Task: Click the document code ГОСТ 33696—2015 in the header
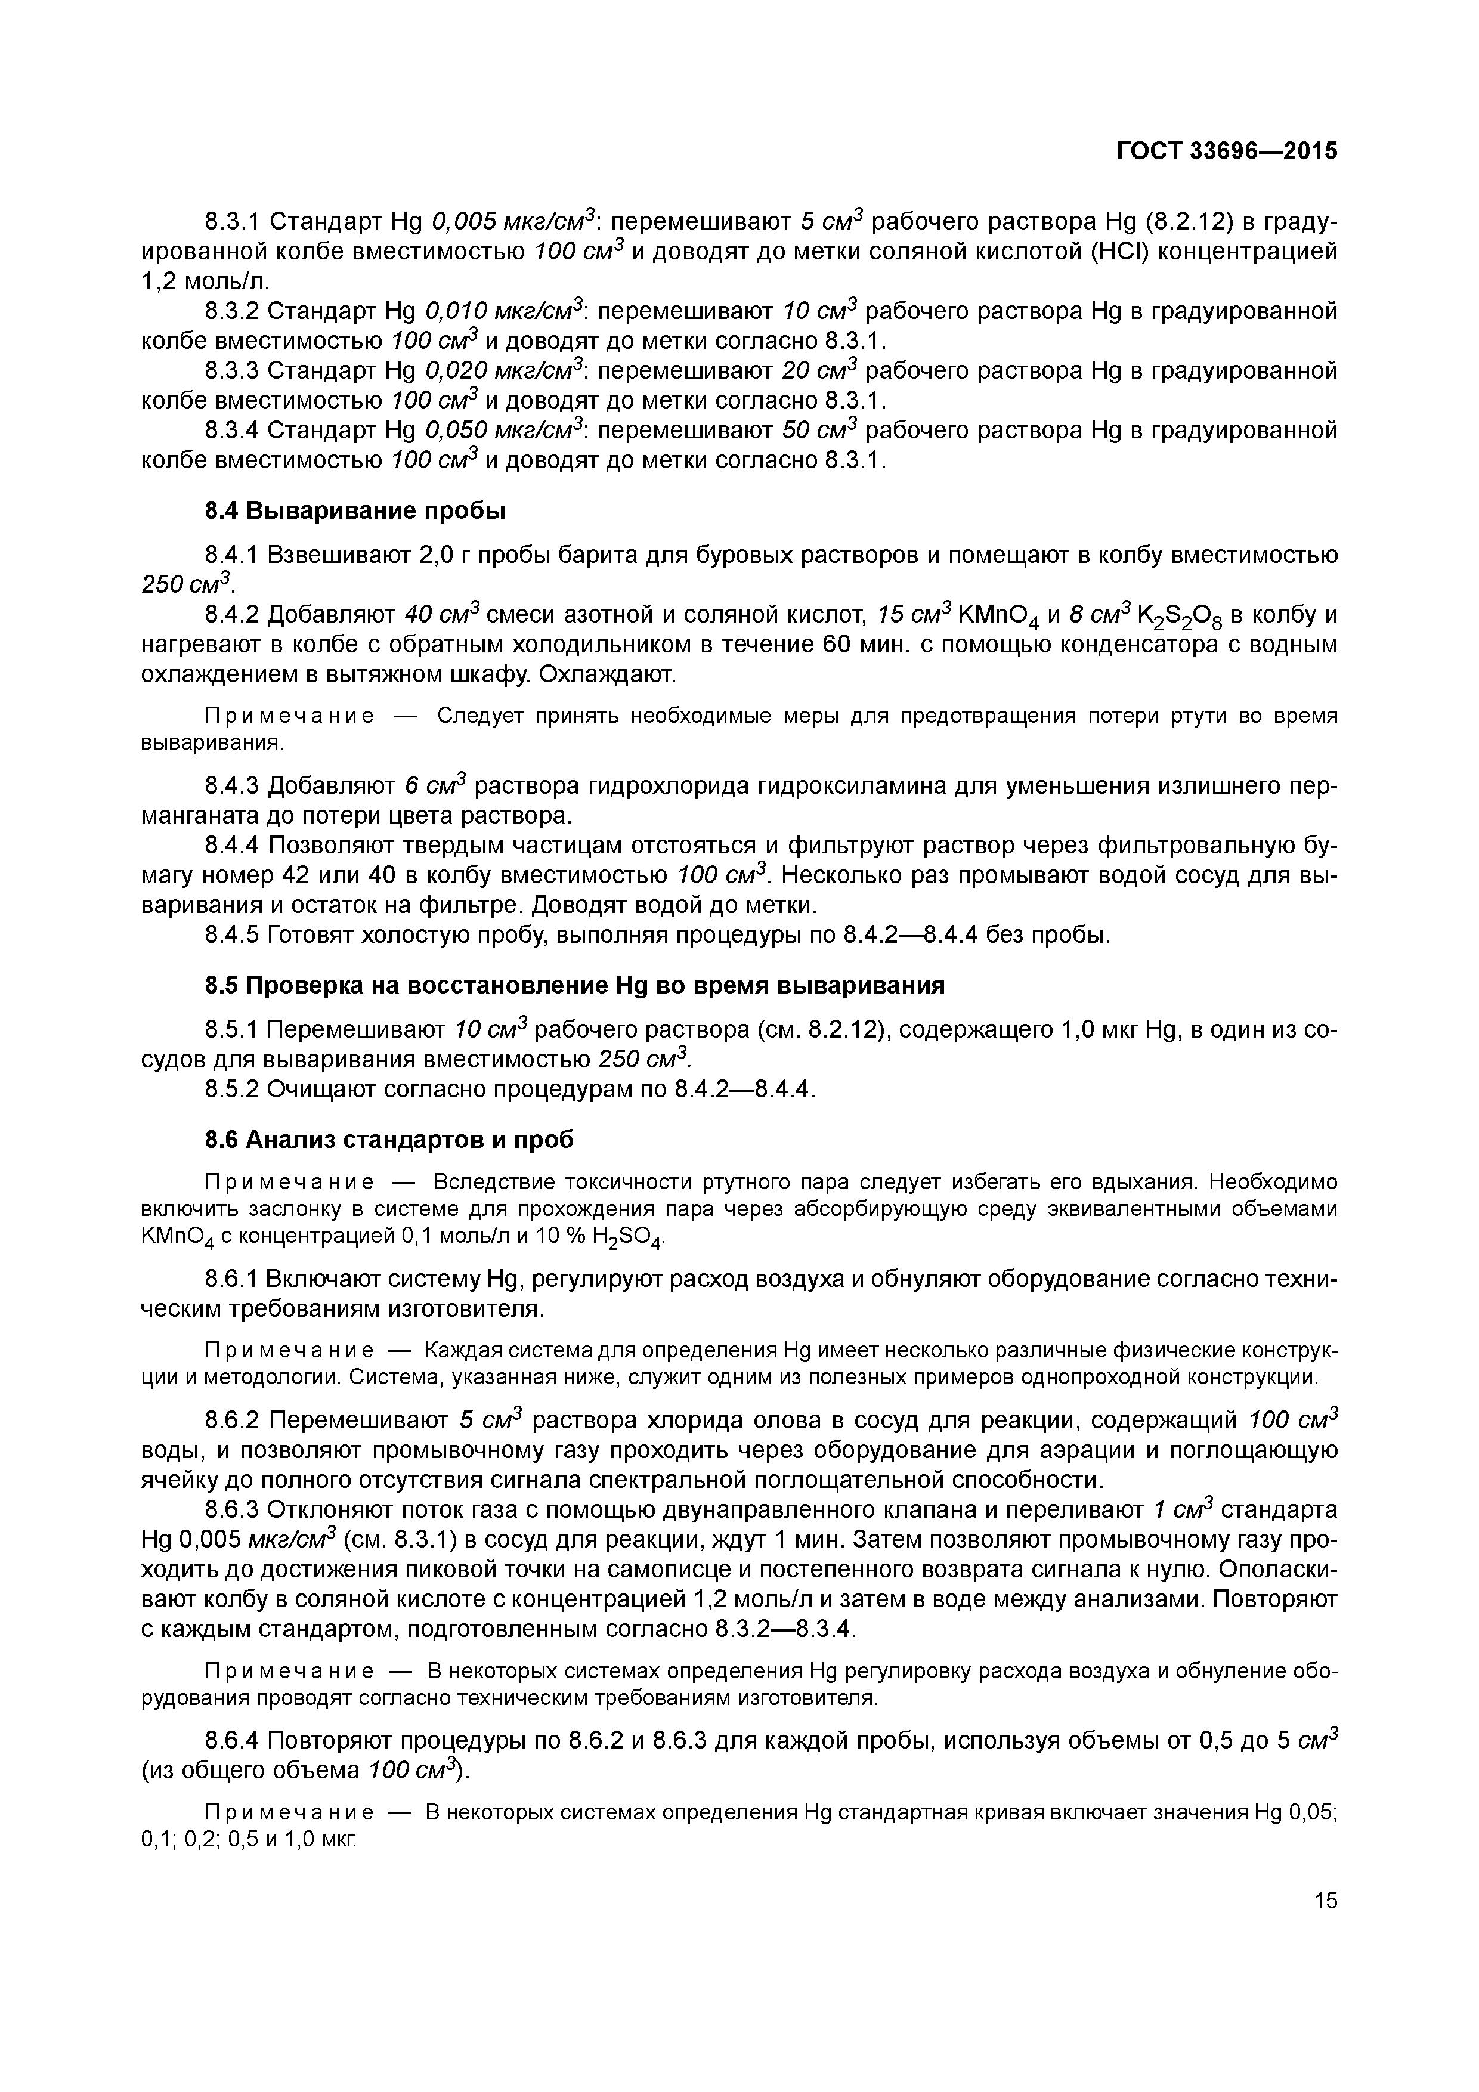coord(1227,151)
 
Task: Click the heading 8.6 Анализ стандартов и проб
coord(389,1139)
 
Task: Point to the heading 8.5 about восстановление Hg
coord(574,985)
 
